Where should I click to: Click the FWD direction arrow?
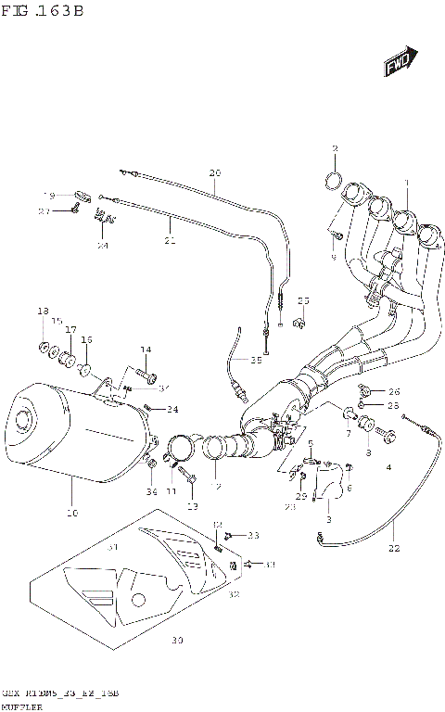click(400, 66)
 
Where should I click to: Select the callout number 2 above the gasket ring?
click(336, 149)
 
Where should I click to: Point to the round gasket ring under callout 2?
click(337, 179)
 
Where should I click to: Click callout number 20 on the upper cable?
click(215, 173)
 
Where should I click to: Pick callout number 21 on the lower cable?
click(170, 240)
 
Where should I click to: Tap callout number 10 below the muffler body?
click(71, 513)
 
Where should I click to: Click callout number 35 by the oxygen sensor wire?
click(256, 360)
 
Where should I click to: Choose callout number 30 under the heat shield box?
click(178, 641)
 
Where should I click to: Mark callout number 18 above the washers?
click(42, 311)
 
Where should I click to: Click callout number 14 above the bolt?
click(145, 349)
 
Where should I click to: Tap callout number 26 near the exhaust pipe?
click(394, 390)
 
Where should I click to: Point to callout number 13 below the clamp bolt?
click(193, 506)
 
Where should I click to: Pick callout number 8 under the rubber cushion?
click(367, 452)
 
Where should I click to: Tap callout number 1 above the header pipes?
click(404, 183)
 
